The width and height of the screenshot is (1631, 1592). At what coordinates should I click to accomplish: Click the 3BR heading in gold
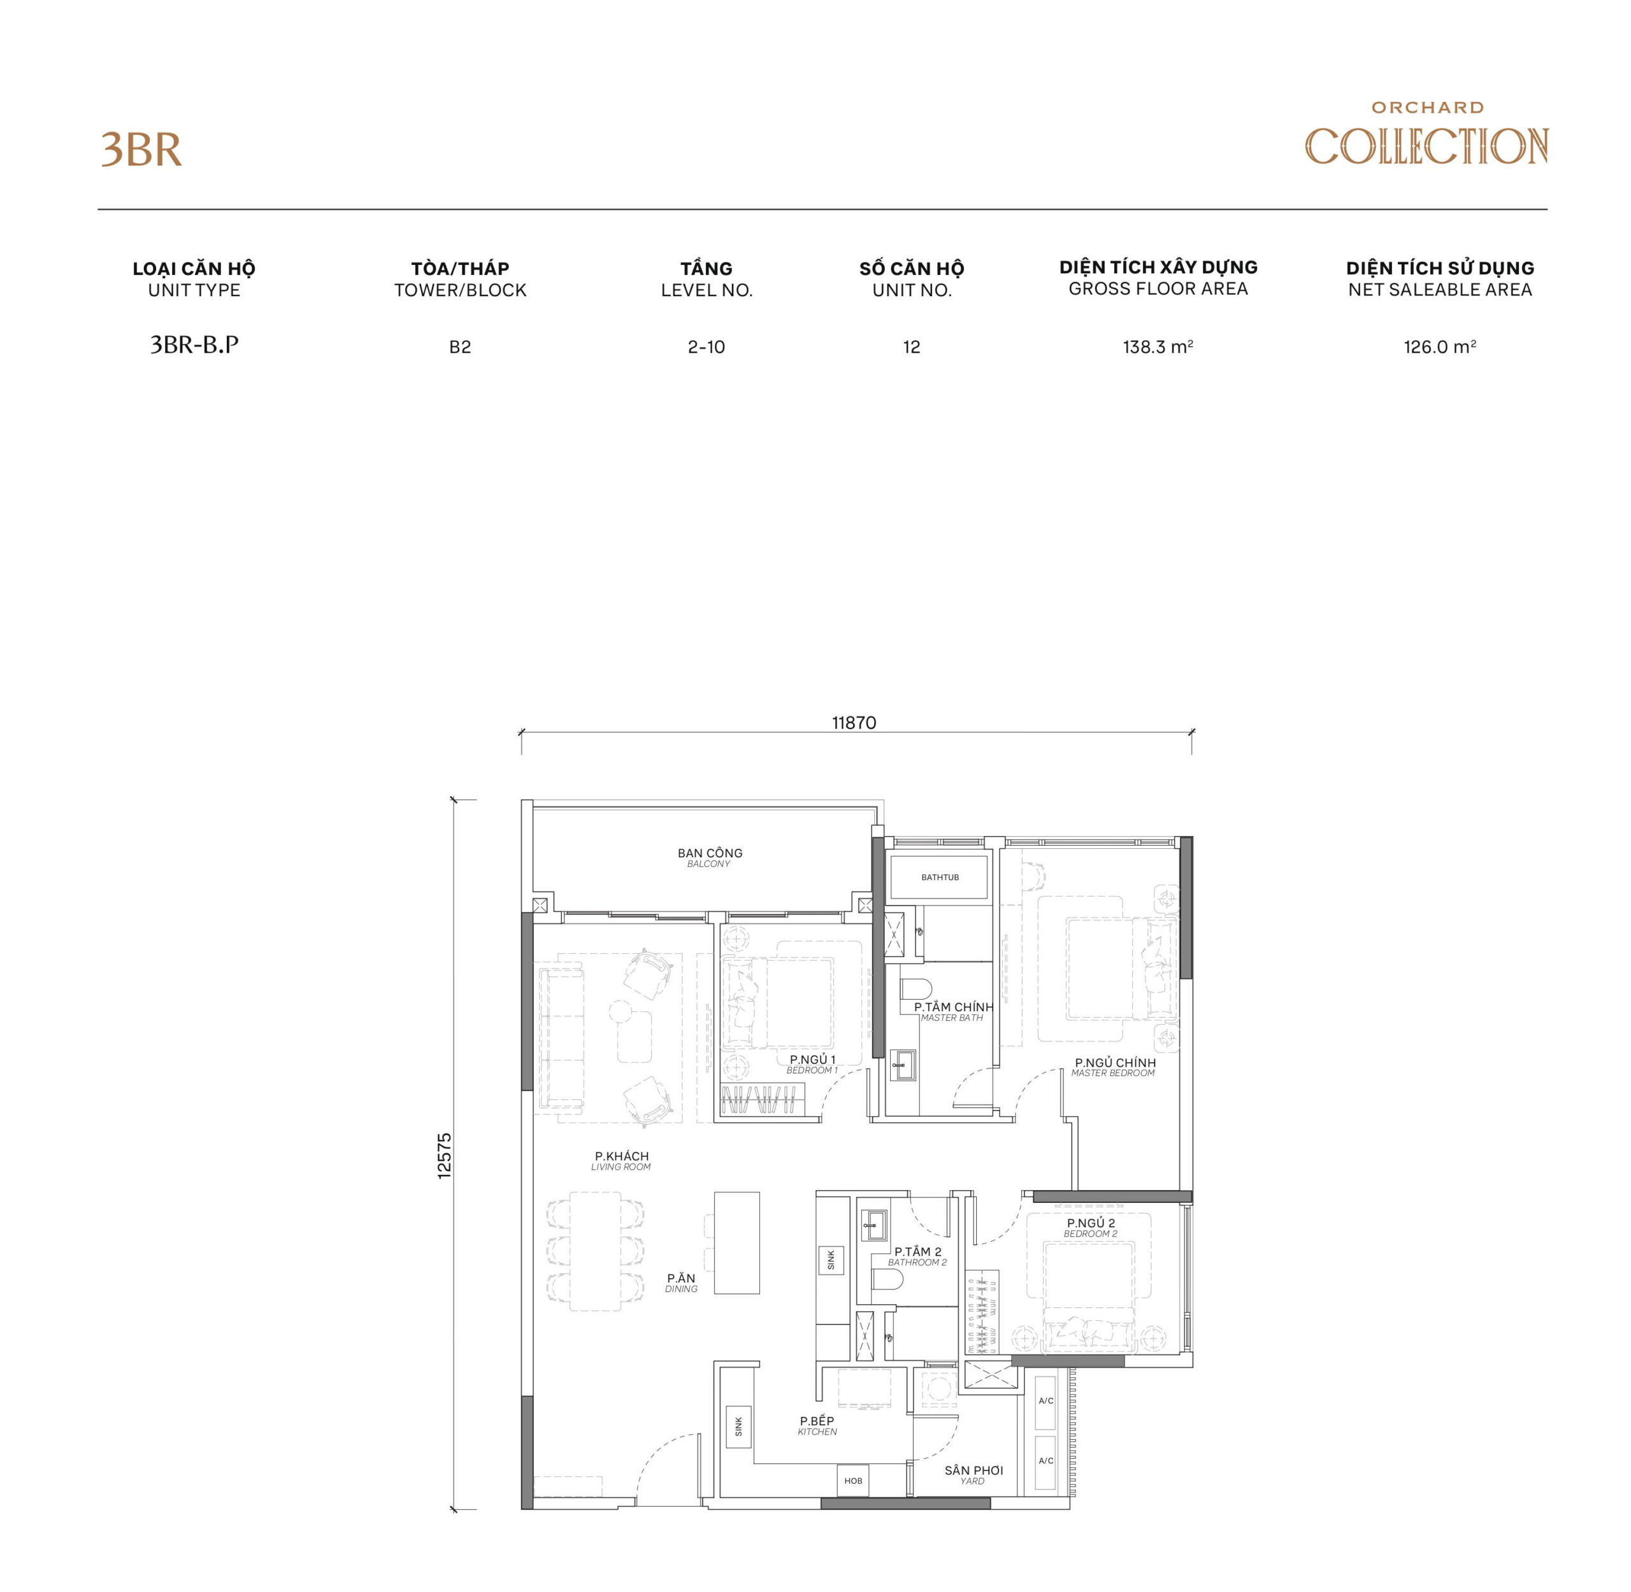click(x=141, y=150)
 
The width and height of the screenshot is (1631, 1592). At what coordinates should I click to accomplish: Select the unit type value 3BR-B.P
click(x=194, y=345)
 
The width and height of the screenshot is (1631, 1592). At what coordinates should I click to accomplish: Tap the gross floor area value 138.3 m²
click(x=1158, y=347)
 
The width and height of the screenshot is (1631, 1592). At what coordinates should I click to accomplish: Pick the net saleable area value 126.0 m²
click(x=1439, y=347)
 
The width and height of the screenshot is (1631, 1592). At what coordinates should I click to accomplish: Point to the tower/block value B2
click(x=460, y=347)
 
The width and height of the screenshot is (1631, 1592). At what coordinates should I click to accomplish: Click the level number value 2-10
click(x=706, y=347)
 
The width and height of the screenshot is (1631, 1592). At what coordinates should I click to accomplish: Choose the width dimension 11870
click(x=854, y=722)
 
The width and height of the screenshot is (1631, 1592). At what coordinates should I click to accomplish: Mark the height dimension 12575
click(x=444, y=1156)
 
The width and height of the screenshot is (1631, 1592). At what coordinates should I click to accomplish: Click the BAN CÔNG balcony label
click(x=709, y=857)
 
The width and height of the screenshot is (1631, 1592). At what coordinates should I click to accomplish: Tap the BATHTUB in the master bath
click(x=939, y=877)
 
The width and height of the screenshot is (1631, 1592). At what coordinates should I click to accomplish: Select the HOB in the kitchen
click(x=853, y=1480)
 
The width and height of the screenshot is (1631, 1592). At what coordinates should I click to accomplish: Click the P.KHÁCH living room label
click(x=621, y=1160)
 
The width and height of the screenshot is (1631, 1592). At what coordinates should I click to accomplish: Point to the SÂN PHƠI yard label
click(x=973, y=1474)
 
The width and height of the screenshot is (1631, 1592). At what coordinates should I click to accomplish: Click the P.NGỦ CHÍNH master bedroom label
click(x=1114, y=1067)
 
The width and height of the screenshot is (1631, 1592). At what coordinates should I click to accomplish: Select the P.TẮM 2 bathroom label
click(x=917, y=1256)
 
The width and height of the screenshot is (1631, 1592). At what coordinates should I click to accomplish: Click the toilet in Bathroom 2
click(x=887, y=1280)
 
